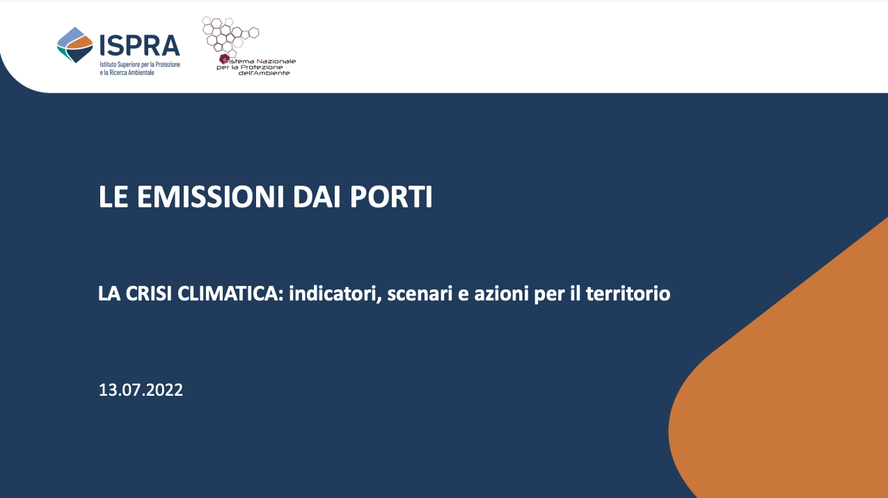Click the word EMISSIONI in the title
210,197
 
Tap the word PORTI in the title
391,197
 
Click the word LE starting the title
113,197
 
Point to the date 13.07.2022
141,389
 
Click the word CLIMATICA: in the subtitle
230,294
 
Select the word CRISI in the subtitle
149,294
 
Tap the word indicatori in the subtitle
335,294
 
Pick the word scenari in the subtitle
420,294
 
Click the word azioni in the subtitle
502,294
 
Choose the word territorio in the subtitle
628,294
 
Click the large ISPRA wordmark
140,45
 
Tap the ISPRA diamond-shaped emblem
75,45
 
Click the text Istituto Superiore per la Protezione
140,64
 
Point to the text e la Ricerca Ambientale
127,72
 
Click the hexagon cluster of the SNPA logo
230,36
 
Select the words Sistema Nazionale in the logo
257,61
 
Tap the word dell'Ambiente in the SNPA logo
264,73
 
